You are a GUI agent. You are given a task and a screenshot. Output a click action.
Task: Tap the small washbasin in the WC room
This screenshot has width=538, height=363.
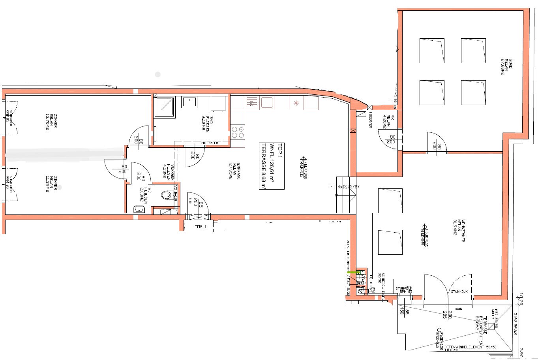click(139, 209)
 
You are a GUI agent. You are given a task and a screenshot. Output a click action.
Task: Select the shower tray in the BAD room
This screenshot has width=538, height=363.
click(164, 107)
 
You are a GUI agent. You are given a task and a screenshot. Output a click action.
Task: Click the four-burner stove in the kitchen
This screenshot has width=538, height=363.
click(238, 132)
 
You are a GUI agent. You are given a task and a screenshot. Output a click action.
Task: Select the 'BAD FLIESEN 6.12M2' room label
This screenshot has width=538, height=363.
click(207, 123)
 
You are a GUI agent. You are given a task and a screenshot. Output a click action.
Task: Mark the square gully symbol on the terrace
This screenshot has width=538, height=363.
click(491, 326)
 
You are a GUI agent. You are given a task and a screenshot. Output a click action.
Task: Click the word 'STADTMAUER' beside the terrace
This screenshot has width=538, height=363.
click(515, 324)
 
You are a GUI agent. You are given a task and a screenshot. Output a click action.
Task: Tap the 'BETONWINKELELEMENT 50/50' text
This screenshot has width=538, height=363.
click(470, 347)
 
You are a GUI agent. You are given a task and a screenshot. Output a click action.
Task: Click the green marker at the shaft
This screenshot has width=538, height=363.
click(351, 272)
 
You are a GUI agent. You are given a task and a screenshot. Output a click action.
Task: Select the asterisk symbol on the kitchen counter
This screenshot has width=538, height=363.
click(296, 103)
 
